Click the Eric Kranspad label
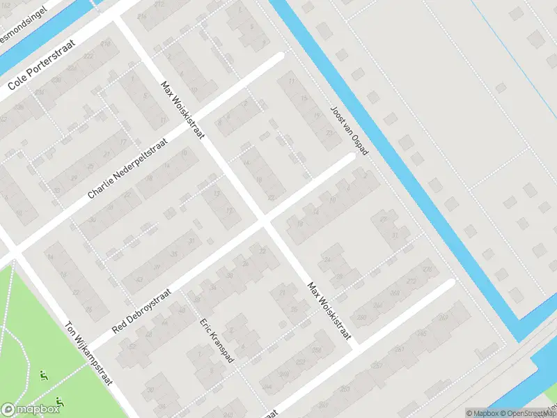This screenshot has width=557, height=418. point(217,341)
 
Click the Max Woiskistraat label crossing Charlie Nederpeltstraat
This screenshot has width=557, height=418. point(182,109)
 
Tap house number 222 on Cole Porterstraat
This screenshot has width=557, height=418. point(88,56)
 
